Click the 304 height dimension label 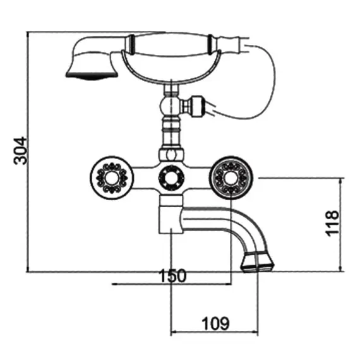pos(20,150)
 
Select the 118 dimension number pos(332,223)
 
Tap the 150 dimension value pos(172,275)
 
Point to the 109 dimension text pos(215,323)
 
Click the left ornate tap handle pos(112,178)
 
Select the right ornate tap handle pos(231,178)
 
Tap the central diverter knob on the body pos(171,178)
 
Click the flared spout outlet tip pos(257,262)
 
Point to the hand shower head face pos(92,75)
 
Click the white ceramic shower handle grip pos(172,45)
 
